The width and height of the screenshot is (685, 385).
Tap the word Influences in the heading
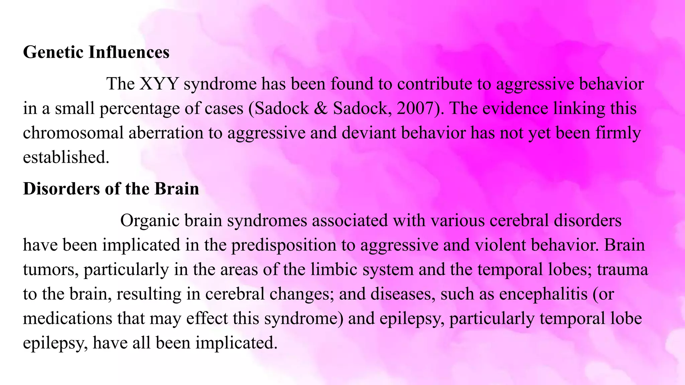pyautogui.click(x=129, y=52)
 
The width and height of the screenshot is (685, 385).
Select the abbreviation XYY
pyautogui.click(x=159, y=84)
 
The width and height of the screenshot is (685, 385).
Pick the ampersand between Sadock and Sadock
pyautogui.click(x=321, y=108)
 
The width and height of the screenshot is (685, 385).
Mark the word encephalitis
pyautogui.click(x=543, y=294)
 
